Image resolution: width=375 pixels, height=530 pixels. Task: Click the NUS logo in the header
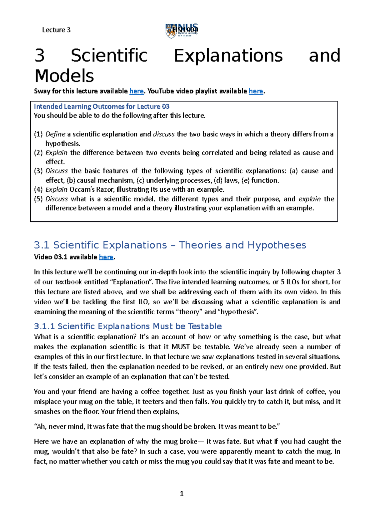pyautogui.click(x=181, y=31)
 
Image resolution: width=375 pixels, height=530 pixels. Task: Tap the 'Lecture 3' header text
pyautogui.click(x=56, y=30)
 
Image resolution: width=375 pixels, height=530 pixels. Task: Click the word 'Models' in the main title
pyautogui.click(x=64, y=76)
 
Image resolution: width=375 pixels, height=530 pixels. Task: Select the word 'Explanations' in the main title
pyautogui.click(x=228, y=56)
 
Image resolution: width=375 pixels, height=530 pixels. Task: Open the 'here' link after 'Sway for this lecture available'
pyautogui.click(x=136, y=91)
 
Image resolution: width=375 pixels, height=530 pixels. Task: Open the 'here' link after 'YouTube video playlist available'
pyautogui.click(x=256, y=91)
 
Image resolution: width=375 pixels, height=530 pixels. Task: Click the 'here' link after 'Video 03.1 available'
pyautogui.click(x=106, y=257)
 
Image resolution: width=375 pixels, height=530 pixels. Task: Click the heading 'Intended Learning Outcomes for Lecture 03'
pyautogui.click(x=102, y=106)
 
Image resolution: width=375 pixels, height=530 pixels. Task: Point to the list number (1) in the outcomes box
pyautogui.click(x=38, y=134)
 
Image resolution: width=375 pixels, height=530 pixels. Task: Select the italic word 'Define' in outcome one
pyautogui.click(x=55, y=134)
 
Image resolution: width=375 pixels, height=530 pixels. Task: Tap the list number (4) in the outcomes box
pyautogui.click(x=38, y=189)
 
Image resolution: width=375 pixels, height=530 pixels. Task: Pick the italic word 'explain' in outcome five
pyautogui.click(x=309, y=199)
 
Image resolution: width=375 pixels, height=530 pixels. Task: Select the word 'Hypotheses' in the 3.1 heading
pyautogui.click(x=277, y=245)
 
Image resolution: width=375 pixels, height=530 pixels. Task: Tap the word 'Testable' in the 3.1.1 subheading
pyautogui.click(x=205, y=326)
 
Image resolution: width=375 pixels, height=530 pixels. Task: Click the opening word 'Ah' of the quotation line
pyautogui.click(x=41, y=427)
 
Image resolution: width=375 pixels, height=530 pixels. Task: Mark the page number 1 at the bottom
pyautogui.click(x=182, y=494)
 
